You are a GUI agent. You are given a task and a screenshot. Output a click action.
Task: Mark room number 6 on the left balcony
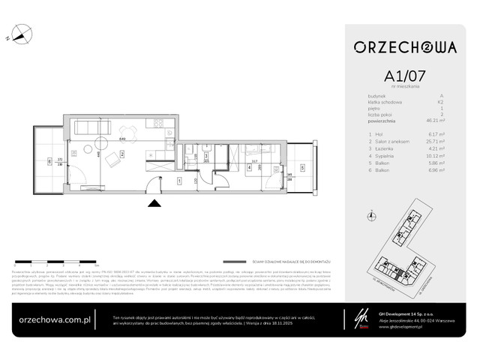click(49, 160)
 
